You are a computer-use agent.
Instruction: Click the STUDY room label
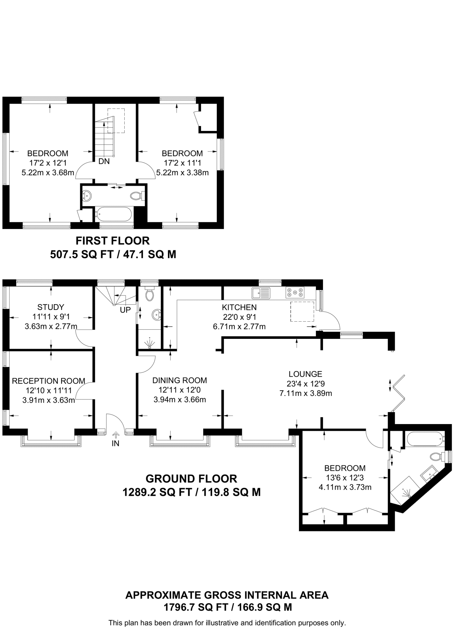click(x=51, y=307)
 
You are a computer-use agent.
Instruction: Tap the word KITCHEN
click(x=239, y=307)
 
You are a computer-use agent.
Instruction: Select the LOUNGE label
click(x=305, y=374)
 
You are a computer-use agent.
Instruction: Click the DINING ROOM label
click(x=180, y=380)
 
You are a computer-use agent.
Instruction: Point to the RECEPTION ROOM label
click(x=49, y=381)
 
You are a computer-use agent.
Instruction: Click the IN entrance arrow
click(x=116, y=435)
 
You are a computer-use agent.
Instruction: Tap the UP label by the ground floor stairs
click(x=125, y=310)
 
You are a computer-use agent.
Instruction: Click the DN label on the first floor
click(x=104, y=161)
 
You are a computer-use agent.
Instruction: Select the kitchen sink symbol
click(x=261, y=293)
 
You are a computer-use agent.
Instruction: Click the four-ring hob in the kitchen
click(x=295, y=293)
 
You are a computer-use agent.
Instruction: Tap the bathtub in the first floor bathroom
click(x=114, y=214)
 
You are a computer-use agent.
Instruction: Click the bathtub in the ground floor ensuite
click(x=425, y=439)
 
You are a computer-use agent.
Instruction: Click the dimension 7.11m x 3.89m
click(x=305, y=393)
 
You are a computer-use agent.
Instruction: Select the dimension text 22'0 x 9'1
click(x=239, y=317)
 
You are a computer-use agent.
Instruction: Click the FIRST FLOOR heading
click(x=113, y=241)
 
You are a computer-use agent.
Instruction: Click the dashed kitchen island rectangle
click(x=302, y=312)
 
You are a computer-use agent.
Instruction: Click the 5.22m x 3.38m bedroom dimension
click(x=182, y=173)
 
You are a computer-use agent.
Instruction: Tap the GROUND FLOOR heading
click(x=191, y=479)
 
